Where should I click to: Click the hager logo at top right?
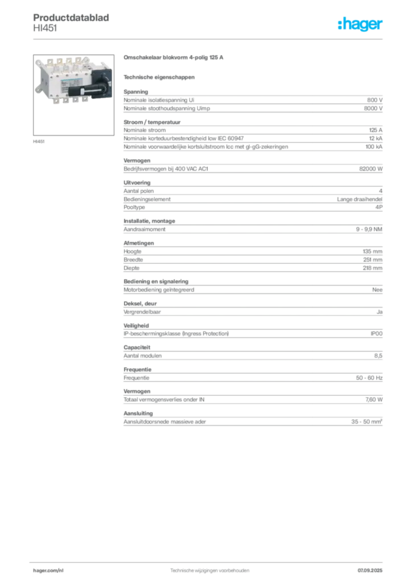pos(360,24)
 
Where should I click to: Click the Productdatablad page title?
pos(71,18)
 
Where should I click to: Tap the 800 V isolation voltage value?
pos(374,100)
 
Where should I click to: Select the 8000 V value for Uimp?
pos(373,109)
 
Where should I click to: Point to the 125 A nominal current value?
pos(376,130)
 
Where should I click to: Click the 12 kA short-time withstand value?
pos(376,139)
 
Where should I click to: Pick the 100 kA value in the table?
pos(374,147)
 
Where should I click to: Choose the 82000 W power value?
pos(371,168)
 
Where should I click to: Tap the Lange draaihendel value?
pos(360,199)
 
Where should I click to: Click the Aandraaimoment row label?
pos(145,230)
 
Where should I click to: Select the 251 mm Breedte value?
pos(373,260)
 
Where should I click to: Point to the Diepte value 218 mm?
pos(373,268)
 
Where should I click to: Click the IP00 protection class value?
pos(376,334)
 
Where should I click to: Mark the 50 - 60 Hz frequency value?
pos(369,378)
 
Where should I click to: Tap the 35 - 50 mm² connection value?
pos(366,422)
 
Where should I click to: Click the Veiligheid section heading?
pos(137,326)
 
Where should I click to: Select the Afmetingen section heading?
pos(139,243)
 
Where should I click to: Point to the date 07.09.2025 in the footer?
pos(370,571)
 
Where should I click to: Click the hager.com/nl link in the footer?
pos(48,571)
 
